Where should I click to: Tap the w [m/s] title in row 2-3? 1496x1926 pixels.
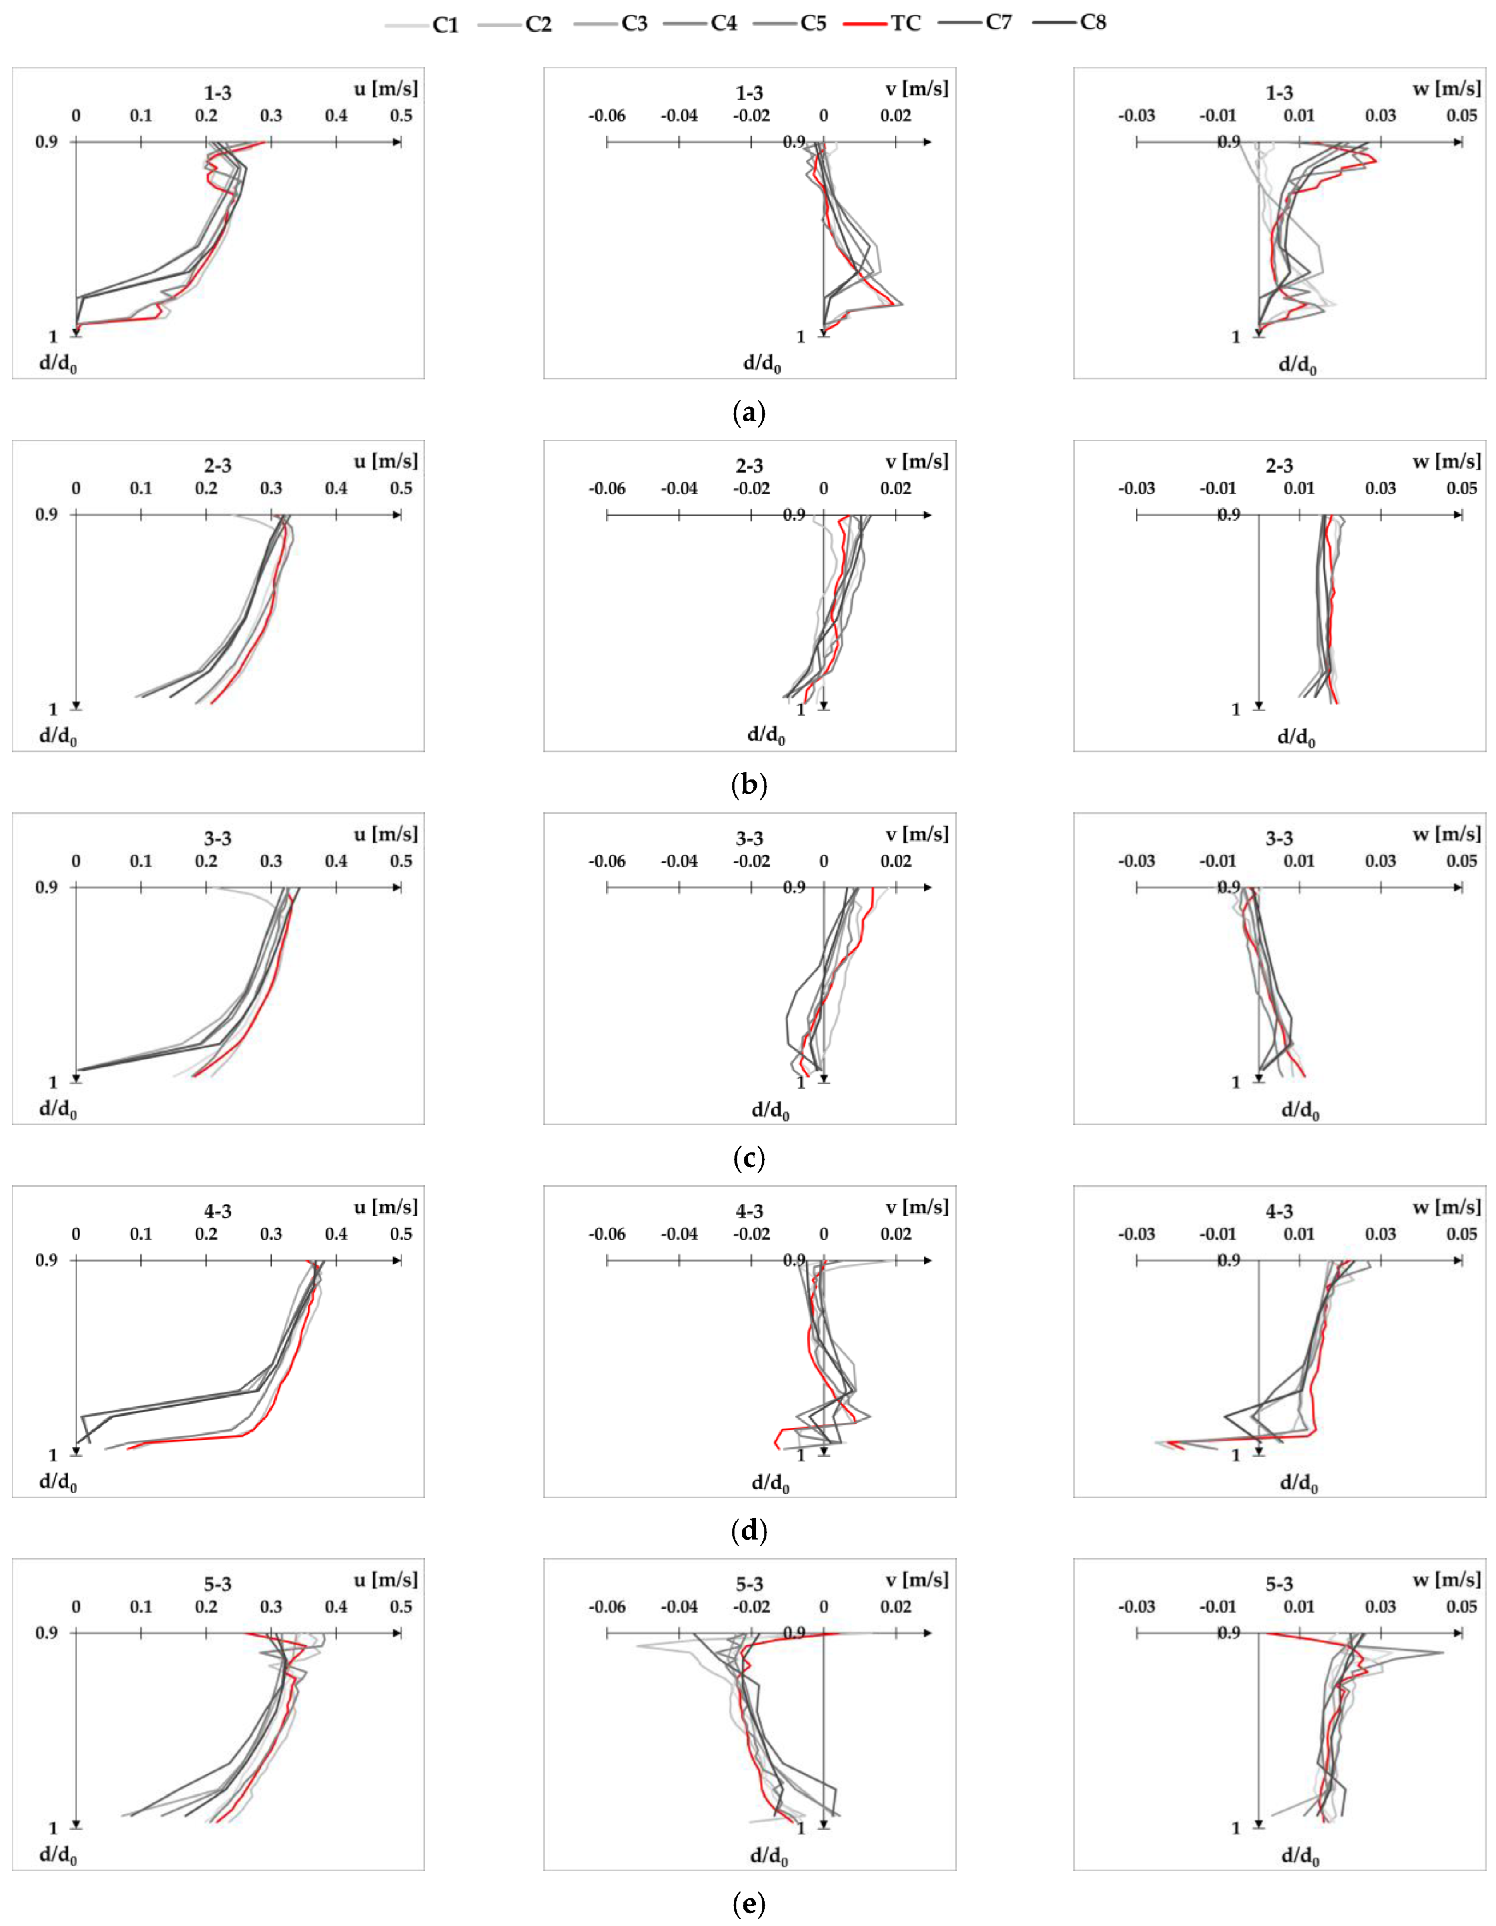[x=1447, y=461]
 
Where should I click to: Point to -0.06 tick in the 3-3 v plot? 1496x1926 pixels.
[x=607, y=861]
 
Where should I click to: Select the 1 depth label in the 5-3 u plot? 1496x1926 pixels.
[x=53, y=1828]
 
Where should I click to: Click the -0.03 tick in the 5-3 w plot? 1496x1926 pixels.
[x=1136, y=1607]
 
